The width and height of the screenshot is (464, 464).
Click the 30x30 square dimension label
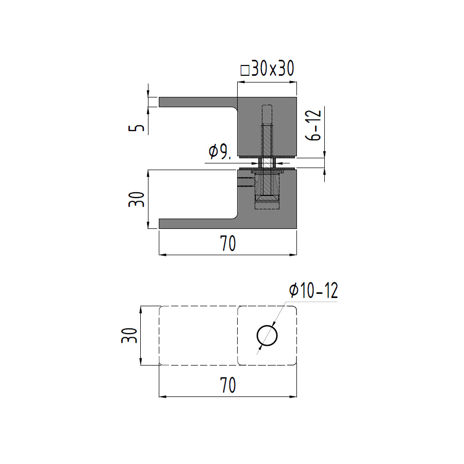point(267,69)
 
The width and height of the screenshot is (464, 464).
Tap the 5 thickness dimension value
point(136,128)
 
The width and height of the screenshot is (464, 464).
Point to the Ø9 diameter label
point(220,152)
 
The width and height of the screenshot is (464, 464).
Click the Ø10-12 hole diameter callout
point(313,290)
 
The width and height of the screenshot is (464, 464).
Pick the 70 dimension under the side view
point(228,243)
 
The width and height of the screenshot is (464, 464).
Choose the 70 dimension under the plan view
point(228,385)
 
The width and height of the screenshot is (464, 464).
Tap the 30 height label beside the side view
point(137,200)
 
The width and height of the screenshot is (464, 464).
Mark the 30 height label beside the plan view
point(129,336)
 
